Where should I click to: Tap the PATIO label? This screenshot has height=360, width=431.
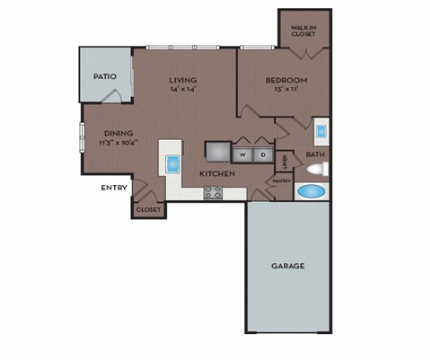pos(105,77)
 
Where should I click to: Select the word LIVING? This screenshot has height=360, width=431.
pos(183,80)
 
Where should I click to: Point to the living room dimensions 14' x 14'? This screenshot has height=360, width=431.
pos(183,90)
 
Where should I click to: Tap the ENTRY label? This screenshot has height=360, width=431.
pos(114,187)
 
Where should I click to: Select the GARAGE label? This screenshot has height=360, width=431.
pos(288,266)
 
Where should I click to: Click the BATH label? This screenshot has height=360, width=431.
pos(314,154)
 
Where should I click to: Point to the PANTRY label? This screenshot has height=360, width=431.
pos(282,180)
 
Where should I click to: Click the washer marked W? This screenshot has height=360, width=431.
pos(242,154)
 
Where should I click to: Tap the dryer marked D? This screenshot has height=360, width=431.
pos(263,154)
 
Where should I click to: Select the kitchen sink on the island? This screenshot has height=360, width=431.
pos(172,164)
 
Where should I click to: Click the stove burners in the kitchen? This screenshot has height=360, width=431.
pos(213,191)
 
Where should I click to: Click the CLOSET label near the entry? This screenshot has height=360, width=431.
pos(148,209)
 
